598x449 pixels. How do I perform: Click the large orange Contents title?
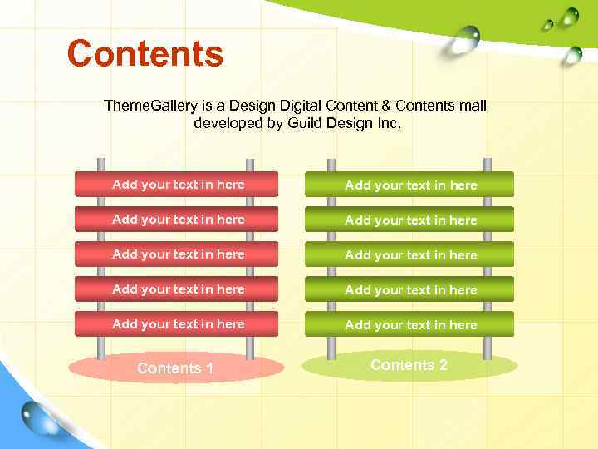[x=145, y=54]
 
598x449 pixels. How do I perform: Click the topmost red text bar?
[x=177, y=184]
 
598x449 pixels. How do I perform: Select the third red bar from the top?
[x=177, y=254]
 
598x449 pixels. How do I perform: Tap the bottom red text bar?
[x=177, y=323]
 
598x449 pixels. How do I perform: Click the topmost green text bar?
[x=409, y=184]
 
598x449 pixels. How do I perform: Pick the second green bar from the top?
[x=409, y=220]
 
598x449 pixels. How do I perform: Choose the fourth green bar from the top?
[x=409, y=289]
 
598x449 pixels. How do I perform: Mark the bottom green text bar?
[x=409, y=324]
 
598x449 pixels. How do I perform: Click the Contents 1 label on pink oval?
[x=175, y=368]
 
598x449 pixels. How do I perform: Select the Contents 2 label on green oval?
[x=409, y=365]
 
